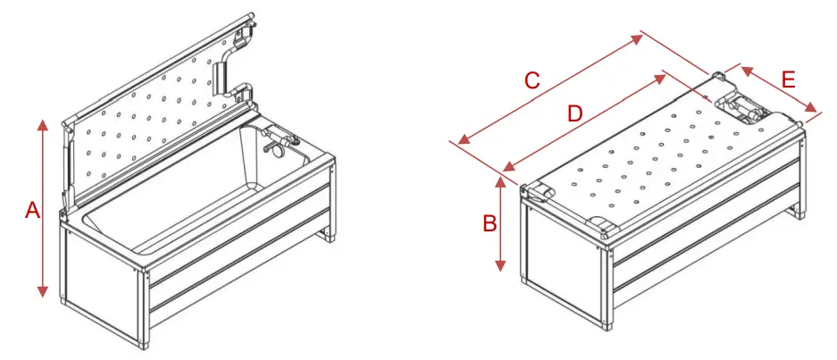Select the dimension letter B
tap(490, 223)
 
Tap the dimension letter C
tap(531, 80)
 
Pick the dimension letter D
tap(575, 113)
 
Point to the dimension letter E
tap(787, 80)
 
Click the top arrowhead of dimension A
tap(42, 123)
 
